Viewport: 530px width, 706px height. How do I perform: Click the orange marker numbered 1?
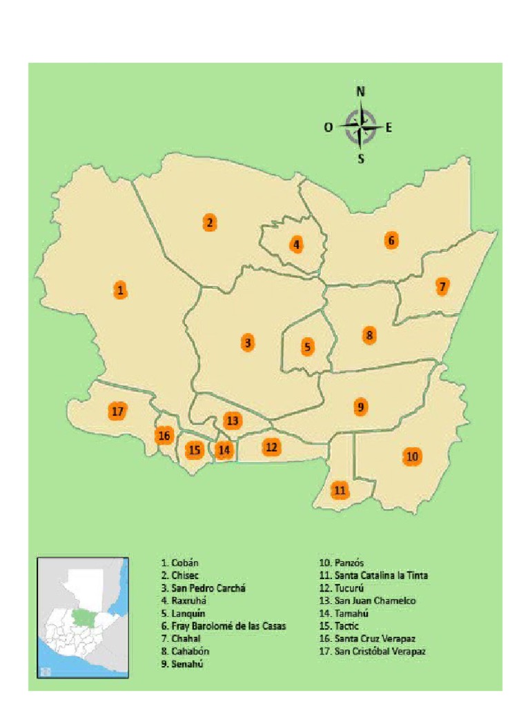click(x=121, y=290)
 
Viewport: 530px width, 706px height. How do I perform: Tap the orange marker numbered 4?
click(x=296, y=244)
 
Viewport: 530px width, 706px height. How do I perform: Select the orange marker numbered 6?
click(x=391, y=241)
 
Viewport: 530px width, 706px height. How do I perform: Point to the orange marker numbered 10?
click(x=413, y=456)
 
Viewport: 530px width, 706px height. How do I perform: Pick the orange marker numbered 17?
click(x=118, y=412)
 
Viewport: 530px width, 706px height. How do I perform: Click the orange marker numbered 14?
click(x=224, y=450)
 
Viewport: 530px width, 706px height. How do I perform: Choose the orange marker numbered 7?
click(x=442, y=286)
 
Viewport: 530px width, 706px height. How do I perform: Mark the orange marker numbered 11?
click(x=340, y=491)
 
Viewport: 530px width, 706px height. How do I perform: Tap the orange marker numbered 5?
click(x=307, y=347)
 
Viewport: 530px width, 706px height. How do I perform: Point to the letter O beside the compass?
click(x=328, y=127)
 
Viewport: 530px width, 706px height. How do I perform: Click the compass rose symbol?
click(x=362, y=127)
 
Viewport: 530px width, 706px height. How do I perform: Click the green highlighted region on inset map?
click(x=84, y=614)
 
